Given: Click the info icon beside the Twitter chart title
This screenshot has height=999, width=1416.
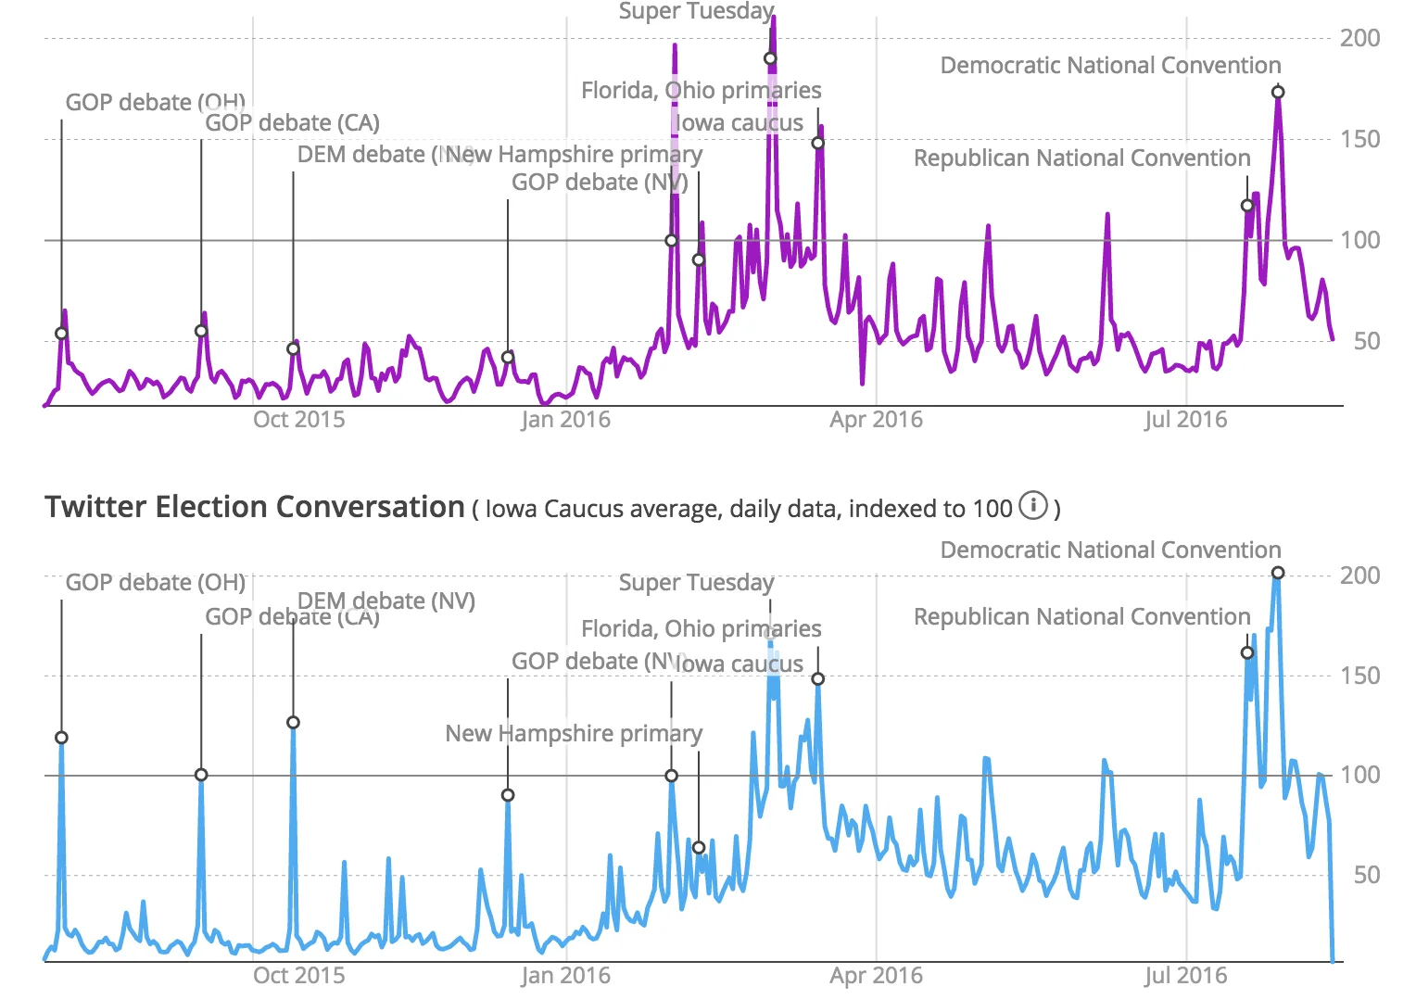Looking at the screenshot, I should [x=1032, y=506].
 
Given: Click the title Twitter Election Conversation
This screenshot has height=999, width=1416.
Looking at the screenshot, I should [x=254, y=507].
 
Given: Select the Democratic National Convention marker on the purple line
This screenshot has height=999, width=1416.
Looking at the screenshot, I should [x=1278, y=92].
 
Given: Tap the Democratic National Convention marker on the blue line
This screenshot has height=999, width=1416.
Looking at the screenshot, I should [x=1278, y=573].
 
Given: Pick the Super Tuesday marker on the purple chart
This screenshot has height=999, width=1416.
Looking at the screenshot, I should [x=770, y=58].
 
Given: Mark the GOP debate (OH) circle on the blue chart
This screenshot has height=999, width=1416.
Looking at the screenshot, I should [x=61, y=738].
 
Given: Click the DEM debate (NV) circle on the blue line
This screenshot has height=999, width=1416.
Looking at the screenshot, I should [x=293, y=722].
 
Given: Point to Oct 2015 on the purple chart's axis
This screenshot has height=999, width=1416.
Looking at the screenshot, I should [x=298, y=420].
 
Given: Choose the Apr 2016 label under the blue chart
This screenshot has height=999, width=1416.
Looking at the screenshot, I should [x=876, y=976].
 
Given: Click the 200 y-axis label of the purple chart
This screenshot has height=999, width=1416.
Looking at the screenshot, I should [x=1359, y=38].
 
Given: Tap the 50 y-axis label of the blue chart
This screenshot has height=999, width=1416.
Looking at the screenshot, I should [x=1366, y=875].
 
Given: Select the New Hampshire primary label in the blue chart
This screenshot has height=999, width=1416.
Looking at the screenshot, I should [x=574, y=733].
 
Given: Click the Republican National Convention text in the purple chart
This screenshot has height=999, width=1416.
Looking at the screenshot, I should [x=1081, y=158].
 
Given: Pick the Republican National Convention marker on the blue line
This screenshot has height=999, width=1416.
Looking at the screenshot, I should [x=1247, y=652].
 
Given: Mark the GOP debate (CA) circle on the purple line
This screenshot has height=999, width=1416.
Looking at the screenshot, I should [x=201, y=331].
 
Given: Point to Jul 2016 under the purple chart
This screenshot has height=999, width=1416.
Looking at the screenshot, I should [x=1185, y=420].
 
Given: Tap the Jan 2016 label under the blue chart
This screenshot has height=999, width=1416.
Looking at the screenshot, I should [x=565, y=976].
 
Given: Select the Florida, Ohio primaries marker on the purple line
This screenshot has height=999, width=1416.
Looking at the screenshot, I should [x=817, y=143].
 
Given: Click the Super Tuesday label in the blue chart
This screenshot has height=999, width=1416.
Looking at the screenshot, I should [x=696, y=582].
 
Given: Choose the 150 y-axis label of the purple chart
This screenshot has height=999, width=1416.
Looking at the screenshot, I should [x=1359, y=139].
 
